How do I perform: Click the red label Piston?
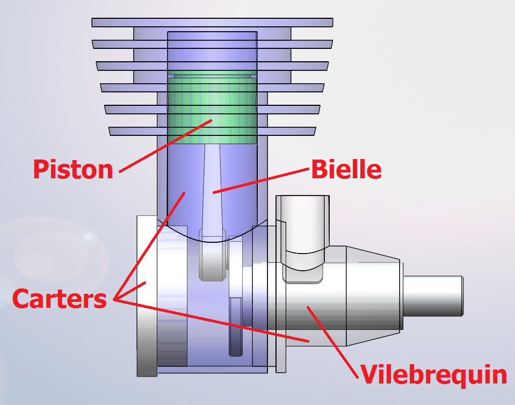pos(73,169)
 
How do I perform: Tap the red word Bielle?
pos(346,170)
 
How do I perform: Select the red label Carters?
pos(59,299)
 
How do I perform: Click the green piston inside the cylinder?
pos(213,110)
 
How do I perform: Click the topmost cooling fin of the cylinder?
pos(212,23)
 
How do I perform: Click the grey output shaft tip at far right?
pos(433,295)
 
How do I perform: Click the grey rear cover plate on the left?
pos(146,295)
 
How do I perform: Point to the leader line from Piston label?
pos(161,147)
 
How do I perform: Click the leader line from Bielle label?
pos(263,180)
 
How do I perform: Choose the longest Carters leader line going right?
pos(215,321)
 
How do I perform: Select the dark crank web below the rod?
pos(235,328)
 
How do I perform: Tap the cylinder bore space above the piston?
pos(213,51)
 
